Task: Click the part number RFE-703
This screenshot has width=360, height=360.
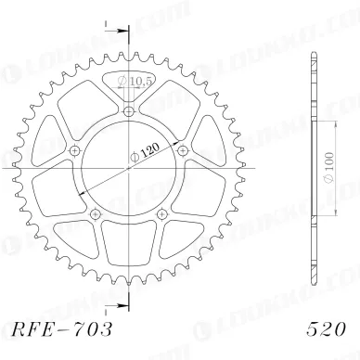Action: point(61,329)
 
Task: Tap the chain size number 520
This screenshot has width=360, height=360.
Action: point(326,329)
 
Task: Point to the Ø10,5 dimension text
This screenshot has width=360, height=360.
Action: point(135,81)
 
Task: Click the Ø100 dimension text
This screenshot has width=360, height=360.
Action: point(329,167)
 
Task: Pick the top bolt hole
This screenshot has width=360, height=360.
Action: point(129,111)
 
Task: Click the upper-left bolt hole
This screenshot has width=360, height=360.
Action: point(74,151)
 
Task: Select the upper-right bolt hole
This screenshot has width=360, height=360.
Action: point(183,151)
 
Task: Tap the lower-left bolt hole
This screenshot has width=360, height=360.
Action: point(95,213)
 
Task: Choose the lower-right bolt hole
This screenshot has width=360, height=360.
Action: point(161,213)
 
